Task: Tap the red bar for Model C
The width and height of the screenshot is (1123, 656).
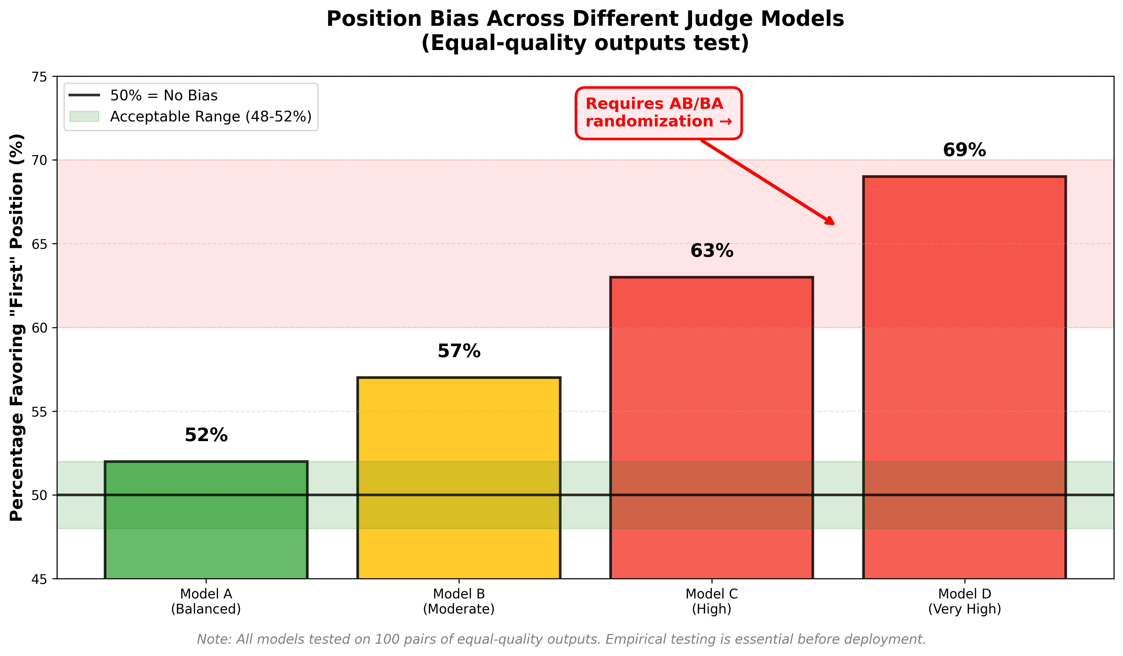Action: [711, 428]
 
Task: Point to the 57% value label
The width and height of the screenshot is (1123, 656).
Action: [459, 351]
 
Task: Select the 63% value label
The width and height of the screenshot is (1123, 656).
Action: [711, 251]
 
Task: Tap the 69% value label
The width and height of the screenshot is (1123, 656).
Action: [964, 150]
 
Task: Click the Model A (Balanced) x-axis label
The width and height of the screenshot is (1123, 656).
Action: [206, 601]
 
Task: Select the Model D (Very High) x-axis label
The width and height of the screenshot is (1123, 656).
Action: [964, 601]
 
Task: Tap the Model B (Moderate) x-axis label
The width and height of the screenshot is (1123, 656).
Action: [459, 601]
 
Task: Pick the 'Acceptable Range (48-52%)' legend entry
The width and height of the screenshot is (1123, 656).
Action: [210, 116]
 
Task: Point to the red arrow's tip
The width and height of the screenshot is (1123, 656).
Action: [833, 224]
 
